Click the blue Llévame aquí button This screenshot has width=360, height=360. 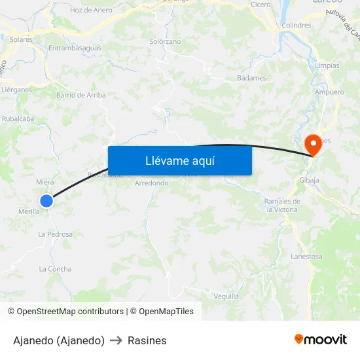tap(179, 160)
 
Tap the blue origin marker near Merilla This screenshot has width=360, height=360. tap(46, 201)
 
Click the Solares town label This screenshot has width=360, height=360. tap(21, 39)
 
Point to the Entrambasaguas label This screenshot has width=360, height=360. tap(75, 48)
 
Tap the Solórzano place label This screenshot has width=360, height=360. tap(165, 41)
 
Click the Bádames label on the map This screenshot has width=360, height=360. tap(251, 78)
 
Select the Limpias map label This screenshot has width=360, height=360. tap(327, 66)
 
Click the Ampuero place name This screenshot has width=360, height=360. tap(329, 92)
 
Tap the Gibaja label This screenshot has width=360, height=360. tap(308, 180)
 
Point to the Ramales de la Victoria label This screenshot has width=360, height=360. tap(282, 205)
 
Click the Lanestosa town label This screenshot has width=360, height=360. tap(306, 257)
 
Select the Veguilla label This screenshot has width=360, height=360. tap(226, 296)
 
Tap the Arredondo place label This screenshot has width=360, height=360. tap(151, 183)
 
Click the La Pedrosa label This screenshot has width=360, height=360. tap(55, 234)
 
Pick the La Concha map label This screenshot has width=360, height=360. tap(55, 269)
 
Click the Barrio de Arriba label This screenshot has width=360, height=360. tap(81, 95)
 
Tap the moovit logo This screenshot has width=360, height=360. tap(320, 340)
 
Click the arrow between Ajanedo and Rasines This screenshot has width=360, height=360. tap(116, 341)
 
